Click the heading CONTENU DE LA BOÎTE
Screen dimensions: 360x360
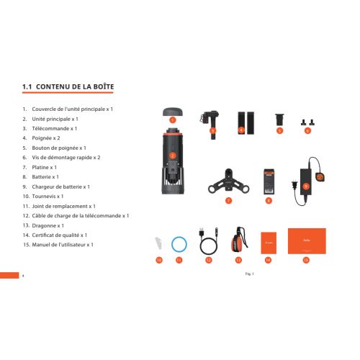pyautogui.click(x=75, y=86)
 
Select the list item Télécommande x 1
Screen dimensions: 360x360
pyautogui.click(x=55, y=129)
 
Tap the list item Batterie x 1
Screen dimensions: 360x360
pyautogui.click(x=45, y=177)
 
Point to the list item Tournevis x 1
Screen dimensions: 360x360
pyautogui.click(x=48, y=197)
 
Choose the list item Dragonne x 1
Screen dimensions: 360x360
pyautogui.click(x=48, y=225)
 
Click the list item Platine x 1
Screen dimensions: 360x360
pyautogui.click(x=45, y=167)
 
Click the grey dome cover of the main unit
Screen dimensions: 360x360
pyautogui.click(x=173, y=112)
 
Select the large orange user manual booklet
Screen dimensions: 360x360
pyautogui.click(x=307, y=241)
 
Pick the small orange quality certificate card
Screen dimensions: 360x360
pyautogui.click(x=269, y=243)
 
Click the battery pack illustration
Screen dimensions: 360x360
pyautogui.click(x=269, y=181)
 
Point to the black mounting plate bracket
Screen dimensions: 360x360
pyautogui.click(x=228, y=182)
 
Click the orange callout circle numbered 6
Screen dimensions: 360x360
pyautogui.click(x=307, y=130)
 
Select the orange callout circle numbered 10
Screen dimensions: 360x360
pyautogui.click(x=159, y=260)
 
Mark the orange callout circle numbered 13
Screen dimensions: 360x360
pyautogui.click(x=238, y=260)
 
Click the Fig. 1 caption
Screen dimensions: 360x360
pyautogui.click(x=249, y=274)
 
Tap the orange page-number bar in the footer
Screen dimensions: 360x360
pyautogui.click(x=9, y=275)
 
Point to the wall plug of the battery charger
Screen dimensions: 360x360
pyautogui.click(x=294, y=185)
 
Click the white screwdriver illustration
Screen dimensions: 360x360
pyautogui.click(x=158, y=243)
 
